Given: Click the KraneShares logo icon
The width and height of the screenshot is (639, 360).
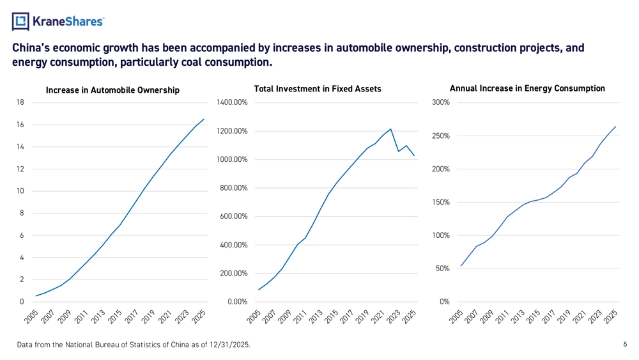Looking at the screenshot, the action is (20, 21).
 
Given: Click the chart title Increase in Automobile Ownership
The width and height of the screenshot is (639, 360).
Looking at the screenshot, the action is (112, 90).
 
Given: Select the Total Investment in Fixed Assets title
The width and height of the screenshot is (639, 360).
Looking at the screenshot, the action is (318, 89).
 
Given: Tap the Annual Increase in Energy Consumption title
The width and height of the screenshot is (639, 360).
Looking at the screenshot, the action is (527, 88).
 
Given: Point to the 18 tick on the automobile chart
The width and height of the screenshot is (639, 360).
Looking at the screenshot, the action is (20, 102).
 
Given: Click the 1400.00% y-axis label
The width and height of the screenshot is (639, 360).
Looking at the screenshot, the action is (232, 102).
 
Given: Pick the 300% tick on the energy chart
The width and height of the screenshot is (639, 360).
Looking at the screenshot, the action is (440, 102).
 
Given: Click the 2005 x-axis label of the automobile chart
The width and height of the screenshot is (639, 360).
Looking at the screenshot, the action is (31, 317).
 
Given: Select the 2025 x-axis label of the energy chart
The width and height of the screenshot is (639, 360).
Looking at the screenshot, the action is (610, 317).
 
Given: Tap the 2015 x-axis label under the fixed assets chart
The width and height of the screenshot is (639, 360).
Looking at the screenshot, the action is (331, 317).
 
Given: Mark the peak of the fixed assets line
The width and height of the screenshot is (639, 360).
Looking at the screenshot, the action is (391, 129).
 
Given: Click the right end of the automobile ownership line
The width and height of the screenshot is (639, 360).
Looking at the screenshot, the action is (204, 120).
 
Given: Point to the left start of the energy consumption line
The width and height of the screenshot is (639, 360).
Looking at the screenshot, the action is (461, 266).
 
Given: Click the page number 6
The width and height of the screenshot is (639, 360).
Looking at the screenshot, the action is (625, 344).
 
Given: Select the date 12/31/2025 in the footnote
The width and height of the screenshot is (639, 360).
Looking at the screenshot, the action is (229, 345).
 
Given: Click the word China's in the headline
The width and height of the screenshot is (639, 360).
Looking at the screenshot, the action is (31, 48).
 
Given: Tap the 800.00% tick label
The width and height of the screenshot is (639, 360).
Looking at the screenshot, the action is (233, 188).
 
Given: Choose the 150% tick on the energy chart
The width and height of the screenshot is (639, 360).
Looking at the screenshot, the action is (440, 202).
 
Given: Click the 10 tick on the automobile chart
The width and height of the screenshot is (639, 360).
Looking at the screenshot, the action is (20, 191).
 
